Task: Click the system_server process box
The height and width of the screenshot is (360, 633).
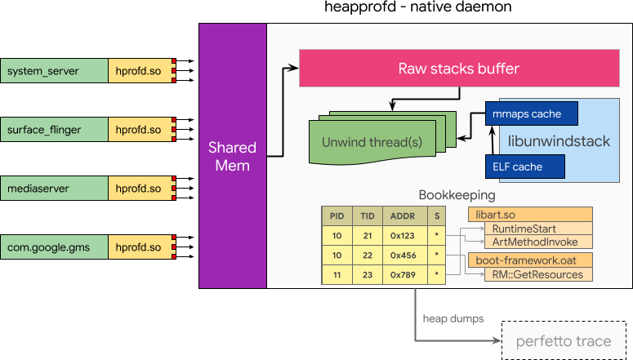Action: [x=54, y=71]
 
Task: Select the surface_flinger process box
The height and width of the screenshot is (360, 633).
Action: [x=54, y=130]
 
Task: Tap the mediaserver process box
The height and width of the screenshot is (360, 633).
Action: [x=54, y=189]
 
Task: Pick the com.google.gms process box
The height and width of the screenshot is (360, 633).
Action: [x=54, y=247]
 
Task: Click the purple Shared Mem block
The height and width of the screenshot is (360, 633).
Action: [x=233, y=156]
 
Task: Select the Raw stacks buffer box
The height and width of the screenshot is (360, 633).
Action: [x=458, y=68]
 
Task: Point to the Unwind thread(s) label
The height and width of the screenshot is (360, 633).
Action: [x=372, y=142]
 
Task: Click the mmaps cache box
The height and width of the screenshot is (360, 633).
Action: [x=533, y=113]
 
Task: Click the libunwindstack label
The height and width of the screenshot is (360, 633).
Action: [x=559, y=141]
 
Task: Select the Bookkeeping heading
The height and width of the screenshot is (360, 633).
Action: [x=457, y=195]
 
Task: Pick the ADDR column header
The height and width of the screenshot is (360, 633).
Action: [x=403, y=216]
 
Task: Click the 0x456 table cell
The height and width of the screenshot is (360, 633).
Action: [x=403, y=255]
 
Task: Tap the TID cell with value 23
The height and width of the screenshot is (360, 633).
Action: [x=368, y=275]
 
